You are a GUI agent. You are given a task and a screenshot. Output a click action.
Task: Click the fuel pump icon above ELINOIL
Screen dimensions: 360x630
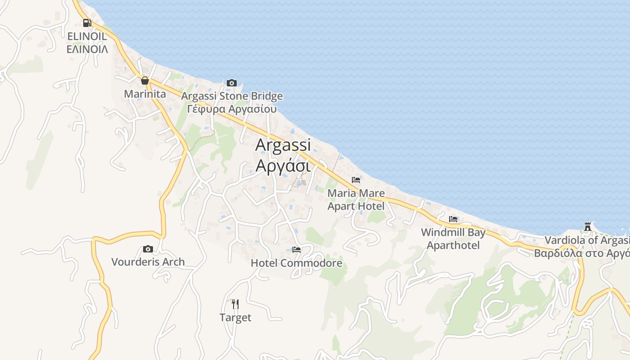87,22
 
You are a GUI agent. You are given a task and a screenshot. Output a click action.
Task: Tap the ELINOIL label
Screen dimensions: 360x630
87,36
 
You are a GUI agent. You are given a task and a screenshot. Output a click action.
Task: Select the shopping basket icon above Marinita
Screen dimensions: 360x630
145,81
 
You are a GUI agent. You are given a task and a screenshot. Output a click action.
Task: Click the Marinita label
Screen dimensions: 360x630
145,94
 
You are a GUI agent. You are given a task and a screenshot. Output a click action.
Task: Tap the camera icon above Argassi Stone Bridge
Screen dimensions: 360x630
232,83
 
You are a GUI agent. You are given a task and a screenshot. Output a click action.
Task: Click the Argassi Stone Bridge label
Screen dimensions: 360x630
232,96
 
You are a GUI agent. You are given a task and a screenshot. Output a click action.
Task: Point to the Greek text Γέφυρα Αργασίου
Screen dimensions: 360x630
232,109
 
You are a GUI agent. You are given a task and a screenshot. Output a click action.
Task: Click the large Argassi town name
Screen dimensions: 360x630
283,145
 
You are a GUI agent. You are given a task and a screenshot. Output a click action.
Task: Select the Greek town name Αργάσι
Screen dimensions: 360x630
283,166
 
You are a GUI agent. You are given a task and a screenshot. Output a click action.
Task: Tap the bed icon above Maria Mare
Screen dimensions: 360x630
356,180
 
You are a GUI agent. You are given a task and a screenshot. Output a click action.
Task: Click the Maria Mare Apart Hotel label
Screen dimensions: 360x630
356,200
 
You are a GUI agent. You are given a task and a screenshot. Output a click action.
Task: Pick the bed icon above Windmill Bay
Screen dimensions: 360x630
453,219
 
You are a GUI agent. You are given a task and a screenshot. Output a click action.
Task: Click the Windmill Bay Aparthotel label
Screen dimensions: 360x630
453,239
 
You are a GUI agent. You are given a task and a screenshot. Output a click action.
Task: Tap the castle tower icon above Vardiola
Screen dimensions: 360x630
587,226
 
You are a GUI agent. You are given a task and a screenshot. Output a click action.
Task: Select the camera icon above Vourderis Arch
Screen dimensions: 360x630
148,249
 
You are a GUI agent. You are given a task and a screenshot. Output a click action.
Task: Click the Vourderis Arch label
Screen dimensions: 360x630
148,262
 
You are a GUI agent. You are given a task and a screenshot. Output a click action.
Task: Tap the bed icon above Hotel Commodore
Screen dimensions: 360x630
296,249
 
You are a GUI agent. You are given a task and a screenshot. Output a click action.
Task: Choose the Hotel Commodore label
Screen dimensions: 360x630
296,263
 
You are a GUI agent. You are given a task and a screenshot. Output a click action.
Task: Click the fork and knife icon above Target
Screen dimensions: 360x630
235,304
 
